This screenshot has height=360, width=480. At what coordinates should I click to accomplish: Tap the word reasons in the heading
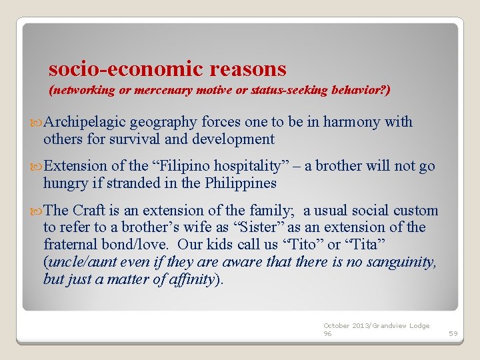247,69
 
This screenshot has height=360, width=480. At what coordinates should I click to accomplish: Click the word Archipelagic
85,122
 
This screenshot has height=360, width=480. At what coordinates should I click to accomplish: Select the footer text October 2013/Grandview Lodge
376,326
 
